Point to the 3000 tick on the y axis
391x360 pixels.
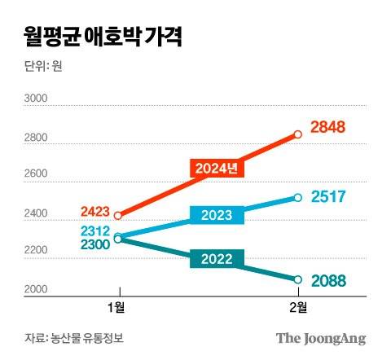[x=37, y=99]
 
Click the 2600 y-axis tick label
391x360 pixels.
[x=37, y=174]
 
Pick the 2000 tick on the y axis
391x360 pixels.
[x=37, y=290]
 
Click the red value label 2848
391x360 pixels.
[x=330, y=128]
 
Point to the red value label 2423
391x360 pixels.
[x=96, y=210]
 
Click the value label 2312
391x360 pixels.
[x=95, y=230]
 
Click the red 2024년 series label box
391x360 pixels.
[x=217, y=169]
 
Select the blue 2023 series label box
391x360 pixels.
[x=217, y=216]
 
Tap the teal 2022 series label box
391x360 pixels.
[x=216, y=260]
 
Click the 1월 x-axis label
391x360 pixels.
[x=119, y=309]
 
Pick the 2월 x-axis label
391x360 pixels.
[x=297, y=309]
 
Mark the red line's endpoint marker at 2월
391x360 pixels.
[x=297, y=134]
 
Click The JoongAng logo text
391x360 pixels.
[x=320, y=337]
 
